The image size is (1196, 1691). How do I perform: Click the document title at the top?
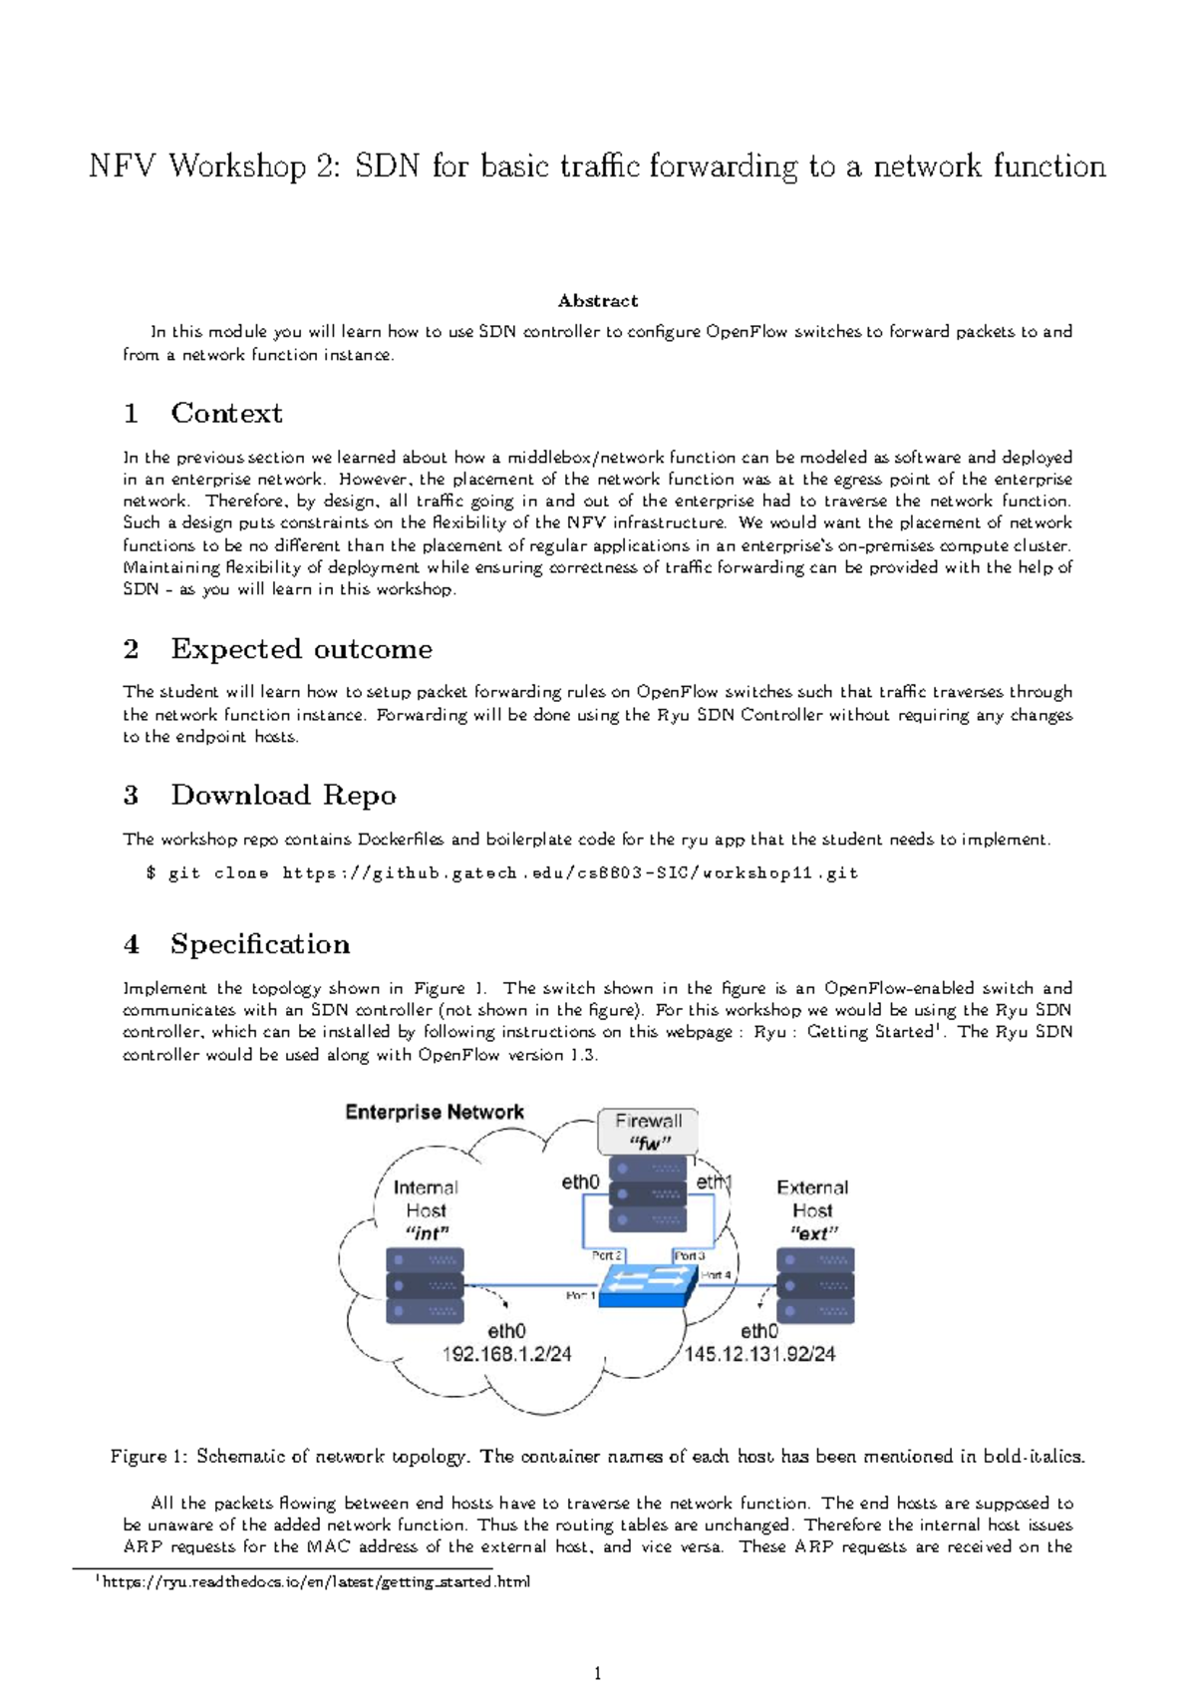pyautogui.click(x=597, y=166)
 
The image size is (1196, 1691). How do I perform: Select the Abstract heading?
pyautogui.click(x=597, y=300)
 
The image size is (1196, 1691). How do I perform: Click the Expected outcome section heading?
pyautogui.click(x=301, y=649)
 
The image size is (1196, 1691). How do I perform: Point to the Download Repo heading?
pyautogui.click(x=283, y=795)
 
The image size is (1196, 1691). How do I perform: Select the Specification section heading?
pyautogui.click(x=259, y=944)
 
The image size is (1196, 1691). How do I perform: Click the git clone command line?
pyautogui.click(x=501, y=873)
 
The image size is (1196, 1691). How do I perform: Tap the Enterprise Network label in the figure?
pyautogui.click(x=435, y=1112)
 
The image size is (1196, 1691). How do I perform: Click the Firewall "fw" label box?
pyautogui.click(x=648, y=1132)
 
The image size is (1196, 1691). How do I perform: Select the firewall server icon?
pyautogui.click(x=648, y=1193)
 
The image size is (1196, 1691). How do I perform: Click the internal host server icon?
pyautogui.click(x=425, y=1286)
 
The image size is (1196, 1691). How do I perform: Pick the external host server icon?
pyautogui.click(x=815, y=1286)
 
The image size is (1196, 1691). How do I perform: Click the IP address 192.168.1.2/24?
pyautogui.click(x=506, y=1354)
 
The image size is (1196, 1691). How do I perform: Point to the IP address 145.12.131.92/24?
pyautogui.click(x=759, y=1354)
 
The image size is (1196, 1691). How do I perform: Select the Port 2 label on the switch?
pyautogui.click(x=606, y=1255)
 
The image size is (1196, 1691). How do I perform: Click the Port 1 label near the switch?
pyautogui.click(x=580, y=1295)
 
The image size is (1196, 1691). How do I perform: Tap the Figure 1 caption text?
pyautogui.click(x=597, y=1457)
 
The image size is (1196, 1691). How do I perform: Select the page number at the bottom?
pyautogui.click(x=597, y=1673)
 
